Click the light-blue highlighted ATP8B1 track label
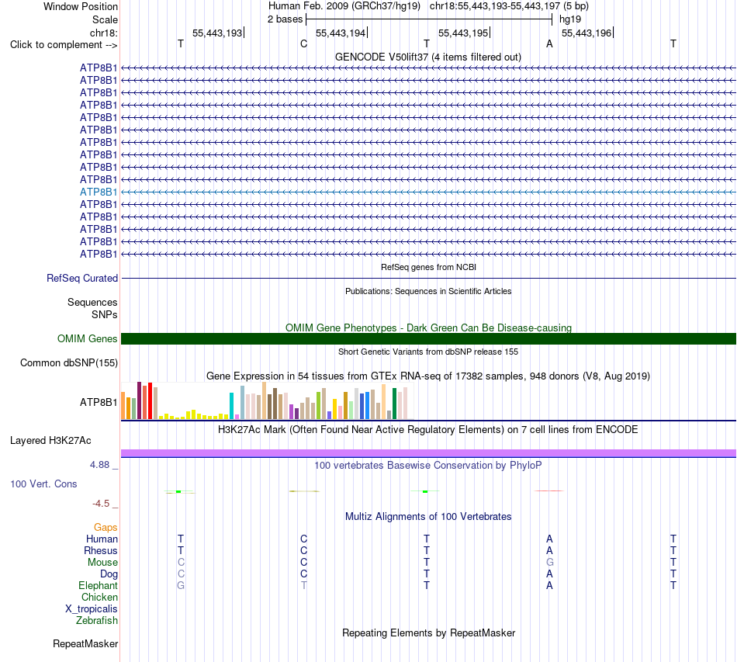(99, 192)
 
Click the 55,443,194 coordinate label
(341, 33)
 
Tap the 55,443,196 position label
(586, 33)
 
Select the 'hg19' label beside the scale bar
(570, 19)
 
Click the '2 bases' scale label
(285, 19)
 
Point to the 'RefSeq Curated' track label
(82, 278)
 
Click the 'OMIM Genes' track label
(88, 338)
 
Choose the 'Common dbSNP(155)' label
(69, 363)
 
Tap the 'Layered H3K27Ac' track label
(50, 441)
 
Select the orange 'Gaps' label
(106, 528)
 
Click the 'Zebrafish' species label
(97, 621)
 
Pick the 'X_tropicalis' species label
(92, 609)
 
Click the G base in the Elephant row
(181, 585)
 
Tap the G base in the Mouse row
(550, 563)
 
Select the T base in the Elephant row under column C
(304, 585)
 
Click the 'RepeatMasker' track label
(85, 643)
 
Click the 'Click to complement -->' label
(64, 45)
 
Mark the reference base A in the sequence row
(549, 43)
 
